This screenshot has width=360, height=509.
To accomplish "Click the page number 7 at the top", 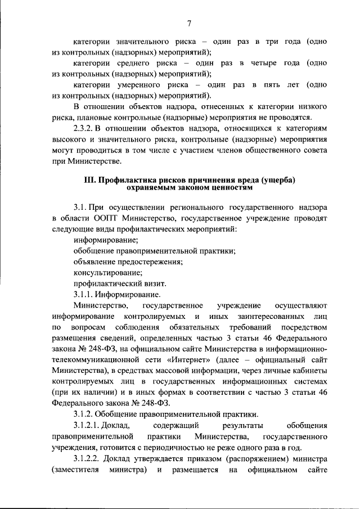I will point(190,23).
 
